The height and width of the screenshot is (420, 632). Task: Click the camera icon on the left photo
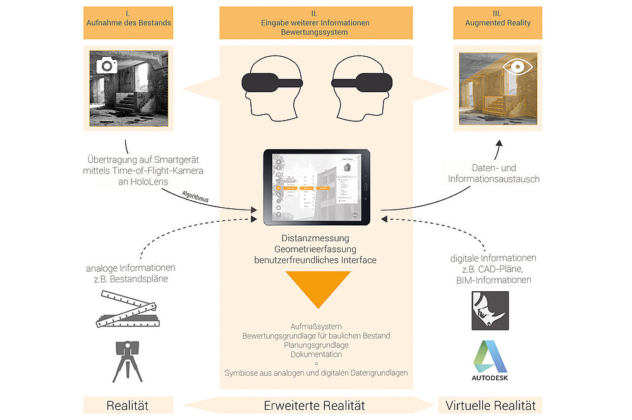[x=106, y=64]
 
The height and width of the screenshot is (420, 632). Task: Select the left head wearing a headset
[x=270, y=85]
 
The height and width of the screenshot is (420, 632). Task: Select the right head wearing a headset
[x=363, y=85]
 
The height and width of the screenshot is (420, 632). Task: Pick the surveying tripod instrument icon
[x=126, y=361]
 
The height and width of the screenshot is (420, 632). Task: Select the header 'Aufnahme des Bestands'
[x=128, y=23]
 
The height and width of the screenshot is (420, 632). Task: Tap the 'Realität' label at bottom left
[x=128, y=405]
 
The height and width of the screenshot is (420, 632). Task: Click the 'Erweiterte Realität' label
[x=314, y=405]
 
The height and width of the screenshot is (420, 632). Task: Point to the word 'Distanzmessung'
[x=315, y=238]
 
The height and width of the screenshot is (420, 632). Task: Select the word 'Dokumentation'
[x=316, y=355]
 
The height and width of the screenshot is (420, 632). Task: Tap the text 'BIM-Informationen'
[x=493, y=280]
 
